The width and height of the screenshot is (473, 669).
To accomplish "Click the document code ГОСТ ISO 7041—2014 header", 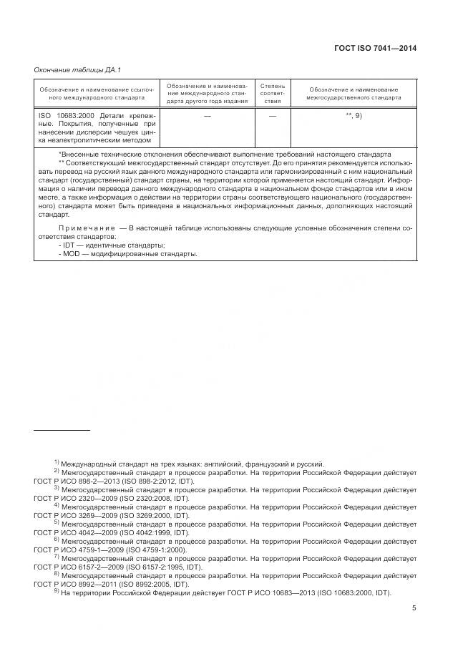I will click(375, 49).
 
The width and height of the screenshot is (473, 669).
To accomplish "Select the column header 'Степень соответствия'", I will click(273, 93).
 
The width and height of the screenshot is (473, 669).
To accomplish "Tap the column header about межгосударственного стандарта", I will click(354, 93).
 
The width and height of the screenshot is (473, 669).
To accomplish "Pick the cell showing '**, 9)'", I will click(354, 115).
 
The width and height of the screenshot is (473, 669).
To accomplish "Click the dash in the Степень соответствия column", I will click(273, 115).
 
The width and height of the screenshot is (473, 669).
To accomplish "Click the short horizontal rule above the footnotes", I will click(62, 430).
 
